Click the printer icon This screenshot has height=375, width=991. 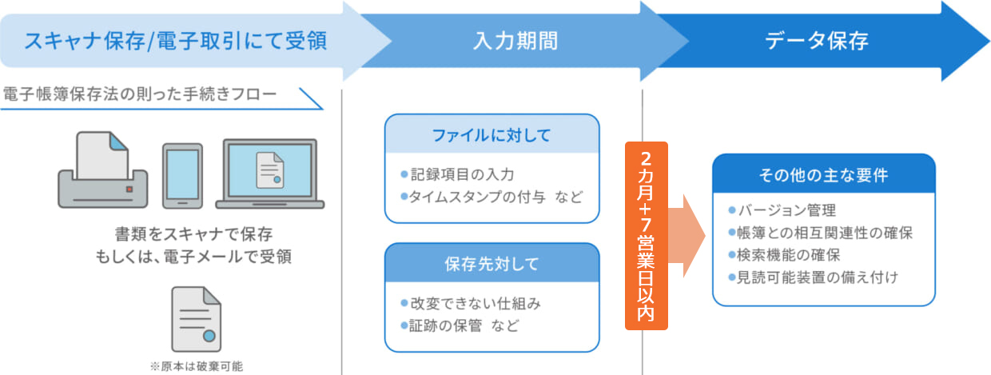pyautogui.click(x=102, y=170)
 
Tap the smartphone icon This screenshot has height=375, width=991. pyautogui.click(x=182, y=176)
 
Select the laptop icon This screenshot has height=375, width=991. pyautogui.click(x=270, y=174)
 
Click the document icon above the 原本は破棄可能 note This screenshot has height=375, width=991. pyautogui.click(x=197, y=319)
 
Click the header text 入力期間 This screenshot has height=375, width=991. pyautogui.click(x=515, y=41)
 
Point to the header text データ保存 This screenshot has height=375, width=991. pyautogui.click(x=817, y=41)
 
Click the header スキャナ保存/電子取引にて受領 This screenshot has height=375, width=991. pyautogui.click(x=176, y=41)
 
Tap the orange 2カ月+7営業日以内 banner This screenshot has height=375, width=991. pyautogui.click(x=647, y=236)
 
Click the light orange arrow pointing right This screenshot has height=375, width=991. pyautogui.click(x=687, y=236)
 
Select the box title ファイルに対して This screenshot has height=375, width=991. pyautogui.click(x=492, y=135)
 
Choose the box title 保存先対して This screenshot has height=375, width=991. pyautogui.click(x=492, y=264)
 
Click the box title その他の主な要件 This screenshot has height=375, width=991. pyautogui.click(x=823, y=175)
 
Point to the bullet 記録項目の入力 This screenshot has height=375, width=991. pyautogui.click(x=457, y=174)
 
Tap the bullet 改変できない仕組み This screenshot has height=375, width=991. pyautogui.click(x=471, y=304)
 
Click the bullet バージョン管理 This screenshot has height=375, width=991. pyautogui.click(x=782, y=209)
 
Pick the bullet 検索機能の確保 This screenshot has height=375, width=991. pyautogui.click(x=784, y=255)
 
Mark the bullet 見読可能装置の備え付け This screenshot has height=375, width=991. pyautogui.click(x=814, y=277)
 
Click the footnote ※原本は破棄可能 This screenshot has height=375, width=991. pyautogui.click(x=197, y=366)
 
